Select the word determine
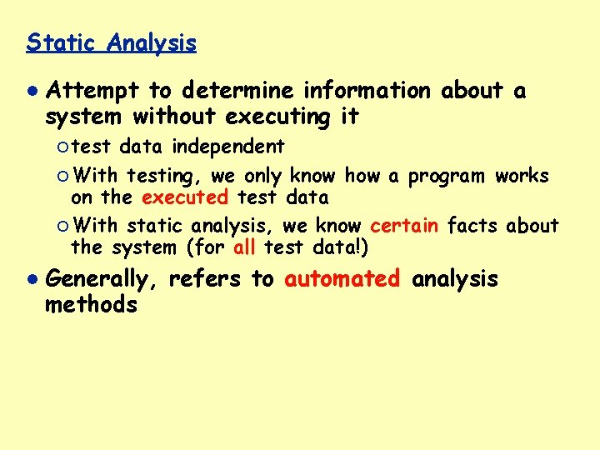coord(236,91)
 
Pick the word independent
coord(228,147)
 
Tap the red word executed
coord(185,197)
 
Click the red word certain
coord(404,226)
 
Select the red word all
coord(244,247)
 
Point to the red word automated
coord(342,279)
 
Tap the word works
coord(522,176)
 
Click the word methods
coord(91,305)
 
